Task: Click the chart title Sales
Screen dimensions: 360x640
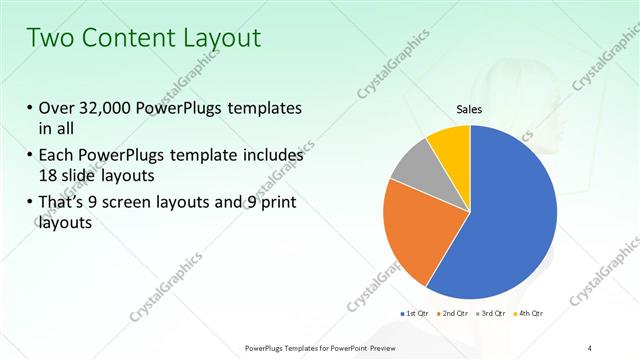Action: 470,109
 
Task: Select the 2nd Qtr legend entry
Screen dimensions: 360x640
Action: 456,315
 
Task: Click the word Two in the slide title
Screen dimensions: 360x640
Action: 50,38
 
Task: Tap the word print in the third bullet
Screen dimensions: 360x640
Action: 276,205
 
